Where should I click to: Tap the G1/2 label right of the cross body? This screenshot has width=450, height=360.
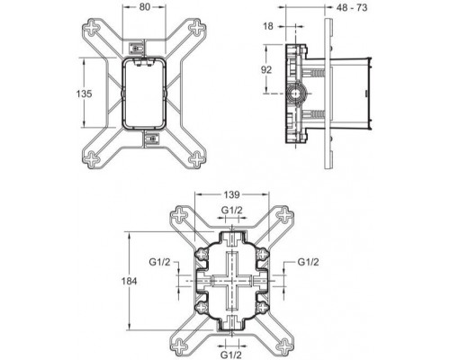(309, 263)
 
